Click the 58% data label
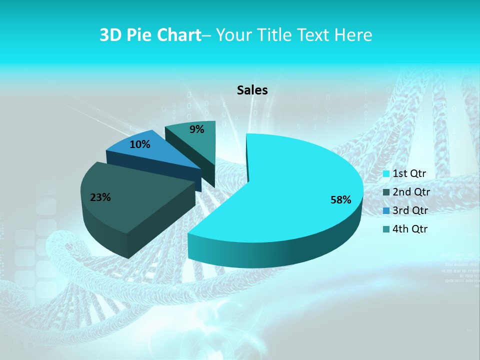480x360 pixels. coord(340,200)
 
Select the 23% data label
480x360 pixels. coord(100,197)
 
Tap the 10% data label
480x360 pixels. coord(139,144)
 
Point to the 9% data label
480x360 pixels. coord(197,129)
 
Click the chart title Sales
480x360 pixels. coord(252,90)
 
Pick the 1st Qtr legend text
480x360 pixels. coord(409,173)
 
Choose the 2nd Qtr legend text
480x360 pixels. coord(411,192)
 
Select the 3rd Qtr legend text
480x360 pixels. coord(410,210)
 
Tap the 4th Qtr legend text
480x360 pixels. coord(410,229)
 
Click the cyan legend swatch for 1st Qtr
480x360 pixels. coord(386,174)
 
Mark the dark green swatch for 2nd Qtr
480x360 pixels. coord(386,192)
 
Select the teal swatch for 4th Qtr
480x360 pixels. coord(386,229)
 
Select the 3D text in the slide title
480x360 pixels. coord(110,35)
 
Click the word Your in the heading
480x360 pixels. coord(234,35)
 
